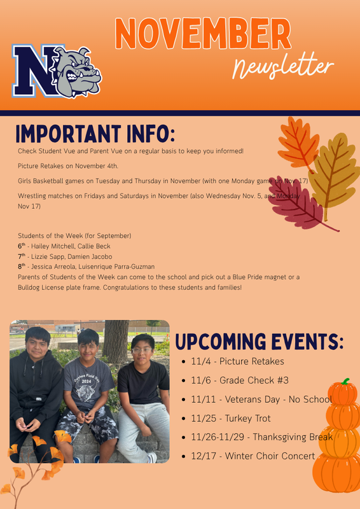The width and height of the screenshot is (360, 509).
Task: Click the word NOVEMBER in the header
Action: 203,34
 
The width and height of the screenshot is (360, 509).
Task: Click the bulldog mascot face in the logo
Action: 77,70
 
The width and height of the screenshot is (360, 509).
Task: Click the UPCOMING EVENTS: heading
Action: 259,342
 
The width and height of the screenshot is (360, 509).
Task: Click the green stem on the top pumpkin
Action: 345,382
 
